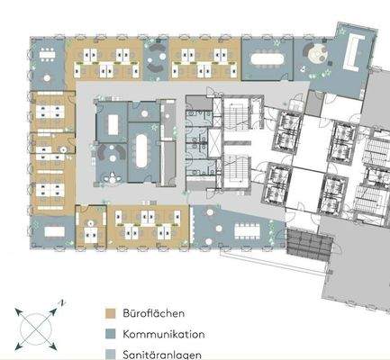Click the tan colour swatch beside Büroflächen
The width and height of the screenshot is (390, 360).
[110, 313]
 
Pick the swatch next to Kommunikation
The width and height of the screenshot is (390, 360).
[110, 334]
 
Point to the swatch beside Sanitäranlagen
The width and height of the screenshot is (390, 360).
[110, 354]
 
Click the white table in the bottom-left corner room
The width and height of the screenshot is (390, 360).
[50, 229]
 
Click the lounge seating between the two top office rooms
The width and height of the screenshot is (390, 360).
[155, 63]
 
